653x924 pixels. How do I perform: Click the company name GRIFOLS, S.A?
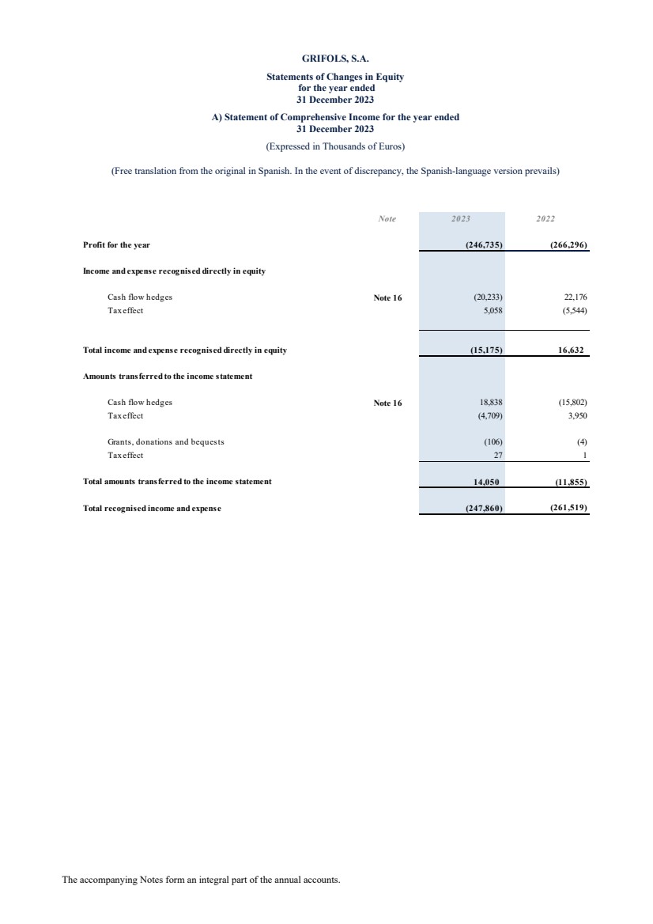click(x=335, y=58)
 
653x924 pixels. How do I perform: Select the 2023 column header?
click(x=461, y=218)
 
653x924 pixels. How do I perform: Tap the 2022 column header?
click(x=546, y=218)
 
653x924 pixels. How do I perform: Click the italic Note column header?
click(x=387, y=218)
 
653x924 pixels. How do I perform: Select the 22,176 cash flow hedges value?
click(x=572, y=297)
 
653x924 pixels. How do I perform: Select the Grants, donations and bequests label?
click(x=166, y=441)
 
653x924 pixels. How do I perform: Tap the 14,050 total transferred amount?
click(x=485, y=481)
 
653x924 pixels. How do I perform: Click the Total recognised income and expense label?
click(x=152, y=508)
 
